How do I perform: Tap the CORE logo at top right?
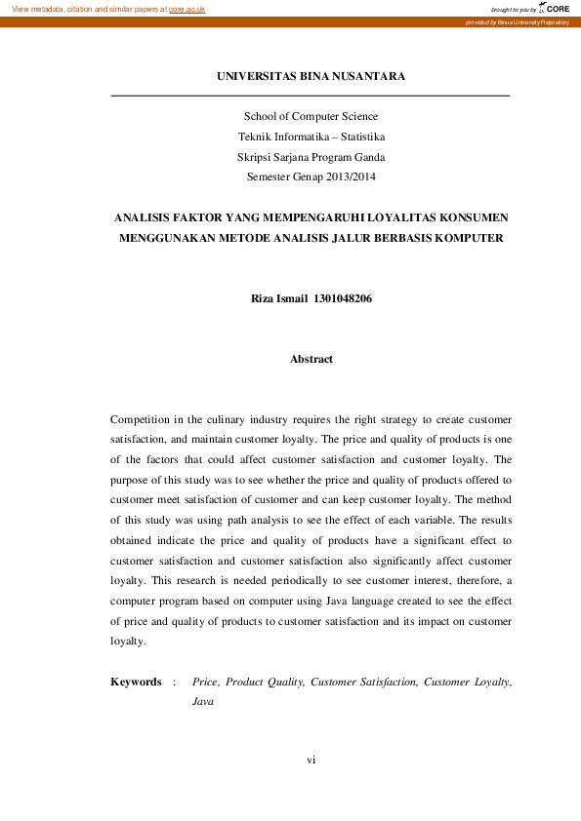[x=556, y=8]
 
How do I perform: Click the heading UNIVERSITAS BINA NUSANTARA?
[x=311, y=76]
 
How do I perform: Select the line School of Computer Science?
[x=311, y=116]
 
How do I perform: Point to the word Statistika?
[x=358, y=137]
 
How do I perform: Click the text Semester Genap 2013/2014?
[x=311, y=177]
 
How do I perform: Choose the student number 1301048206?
[x=342, y=298]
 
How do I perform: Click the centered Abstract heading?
[x=311, y=359]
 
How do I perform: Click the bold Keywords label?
[x=136, y=683]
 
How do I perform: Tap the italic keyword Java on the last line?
[x=203, y=702]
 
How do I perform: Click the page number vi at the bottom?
[x=311, y=759]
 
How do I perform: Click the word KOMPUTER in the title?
[x=465, y=238]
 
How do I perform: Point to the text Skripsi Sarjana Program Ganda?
[x=311, y=157]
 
